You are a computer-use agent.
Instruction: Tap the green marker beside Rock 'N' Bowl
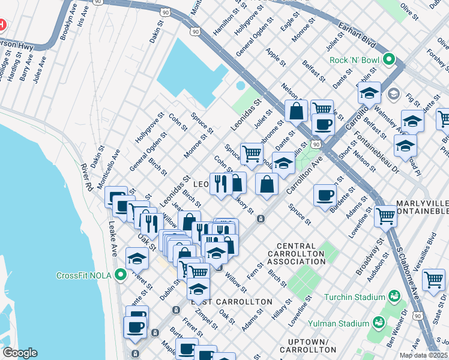(389, 59)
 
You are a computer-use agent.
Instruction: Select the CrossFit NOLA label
(86, 275)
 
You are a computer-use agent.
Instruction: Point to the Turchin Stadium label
(354, 297)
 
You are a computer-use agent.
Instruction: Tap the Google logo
(19, 353)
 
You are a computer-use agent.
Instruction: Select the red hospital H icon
(2, 25)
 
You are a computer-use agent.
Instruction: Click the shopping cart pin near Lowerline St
(385, 215)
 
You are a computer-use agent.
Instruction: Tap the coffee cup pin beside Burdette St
(325, 195)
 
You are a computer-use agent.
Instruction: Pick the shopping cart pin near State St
(433, 279)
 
